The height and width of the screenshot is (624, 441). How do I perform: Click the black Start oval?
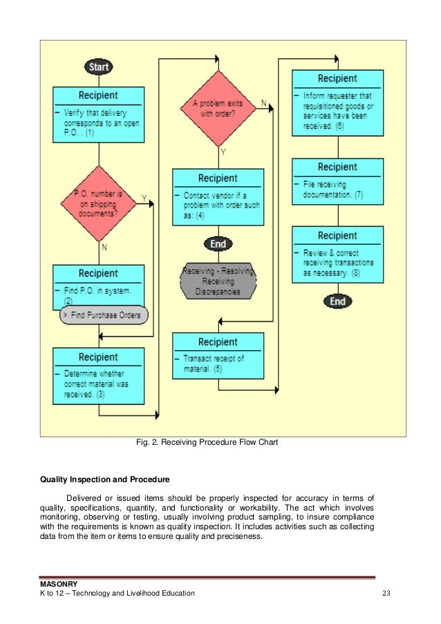[x=99, y=67]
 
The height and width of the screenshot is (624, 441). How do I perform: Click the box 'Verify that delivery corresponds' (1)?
[x=99, y=115]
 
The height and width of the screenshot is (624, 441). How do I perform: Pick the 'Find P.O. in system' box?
[x=98, y=285]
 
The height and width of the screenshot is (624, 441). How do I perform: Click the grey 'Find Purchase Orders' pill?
[x=104, y=315]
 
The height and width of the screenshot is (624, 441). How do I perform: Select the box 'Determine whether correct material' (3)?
[x=99, y=376]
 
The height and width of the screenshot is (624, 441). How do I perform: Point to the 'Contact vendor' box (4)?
[x=218, y=197]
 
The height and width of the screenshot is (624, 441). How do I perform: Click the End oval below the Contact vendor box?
[x=218, y=244]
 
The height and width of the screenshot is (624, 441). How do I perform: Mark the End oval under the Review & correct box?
[x=337, y=302]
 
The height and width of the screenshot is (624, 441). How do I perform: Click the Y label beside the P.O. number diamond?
[x=144, y=198]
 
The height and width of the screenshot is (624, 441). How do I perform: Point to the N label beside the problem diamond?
[x=263, y=103]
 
